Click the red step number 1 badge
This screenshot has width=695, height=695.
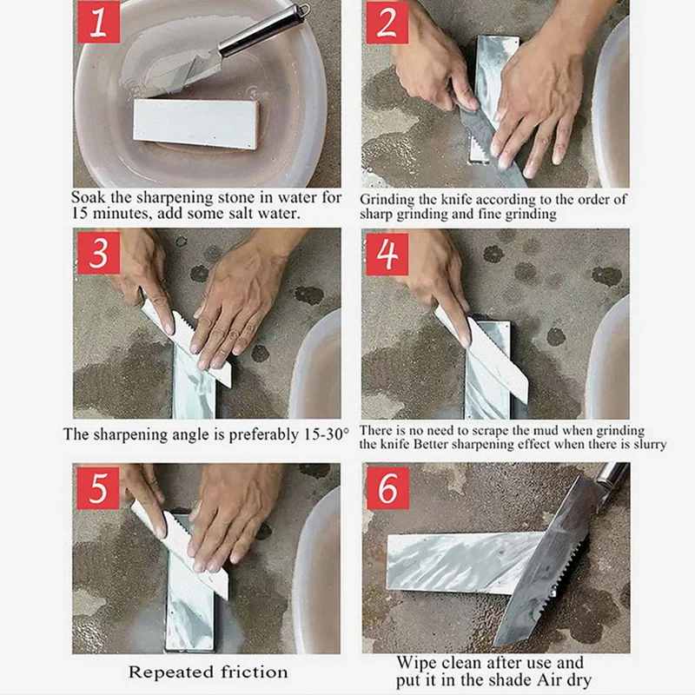[x=98, y=23]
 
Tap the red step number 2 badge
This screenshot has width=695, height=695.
[x=387, y=23]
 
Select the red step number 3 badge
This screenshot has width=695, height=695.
[x=98, y=255]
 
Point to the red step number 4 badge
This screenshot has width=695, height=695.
[x=387, y=255]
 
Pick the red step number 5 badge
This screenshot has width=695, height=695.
[x=98, y=489]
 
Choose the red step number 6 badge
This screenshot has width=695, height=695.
[x=387, y=489]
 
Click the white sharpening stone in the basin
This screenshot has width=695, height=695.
[x=195, y=122]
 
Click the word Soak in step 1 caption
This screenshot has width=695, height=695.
[x=88, y=197]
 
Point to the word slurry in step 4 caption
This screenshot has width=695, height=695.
[x=648, y=444]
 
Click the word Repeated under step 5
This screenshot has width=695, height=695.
[x=170, y=672]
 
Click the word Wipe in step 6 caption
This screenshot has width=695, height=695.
[x=416, y=663]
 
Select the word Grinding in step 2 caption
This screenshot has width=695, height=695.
[x=386, y=199]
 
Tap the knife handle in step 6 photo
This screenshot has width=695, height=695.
[x=612, y=473]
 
